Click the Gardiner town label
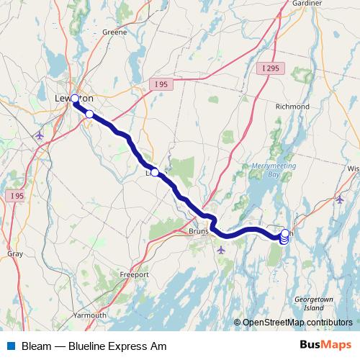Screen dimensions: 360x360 [x=307, y=4]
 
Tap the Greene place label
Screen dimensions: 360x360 [x=114, y=32]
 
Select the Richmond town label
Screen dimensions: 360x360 [x=292, y=106]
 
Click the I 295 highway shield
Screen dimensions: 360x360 [x=271, y=68]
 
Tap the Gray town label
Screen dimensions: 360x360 [x=14, y=254]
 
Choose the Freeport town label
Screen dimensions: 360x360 [x=135, y=275]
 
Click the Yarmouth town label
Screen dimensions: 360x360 [x=91, y=315]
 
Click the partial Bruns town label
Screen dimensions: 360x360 [x=197, y=232]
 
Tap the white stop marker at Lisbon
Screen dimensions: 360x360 [x=155, y=173]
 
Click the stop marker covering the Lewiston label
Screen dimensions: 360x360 [x=74, y=99]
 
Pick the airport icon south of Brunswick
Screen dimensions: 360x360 [x=220, y=250]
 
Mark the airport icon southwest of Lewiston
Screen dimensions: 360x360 [x=39, y=135]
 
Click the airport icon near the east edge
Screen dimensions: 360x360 [x=340, y=199]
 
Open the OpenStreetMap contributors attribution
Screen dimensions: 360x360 [x=297, y=323]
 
